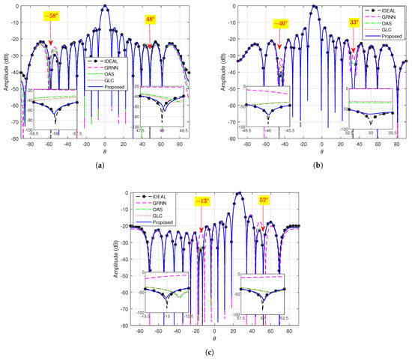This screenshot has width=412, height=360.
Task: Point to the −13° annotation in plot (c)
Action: pyautogui.click(x=202, y=202)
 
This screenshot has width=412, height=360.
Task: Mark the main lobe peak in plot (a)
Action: pyautogui.click(x=105, y=7)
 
